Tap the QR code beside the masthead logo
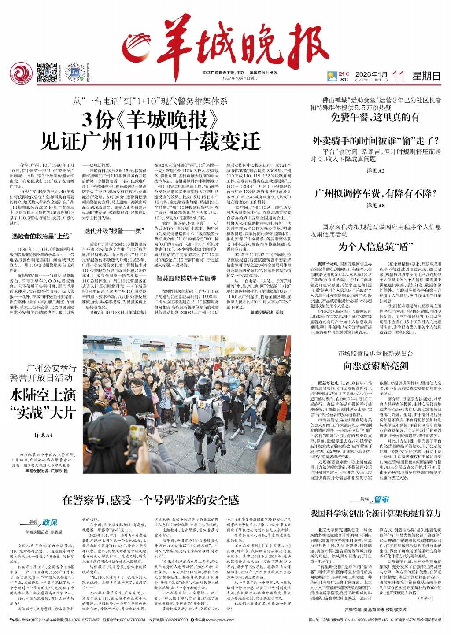[x=47, y=72]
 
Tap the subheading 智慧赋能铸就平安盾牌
[x=187, y=278]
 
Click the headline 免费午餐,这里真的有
[x=376, y=117]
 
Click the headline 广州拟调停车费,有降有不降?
[x=376, y=193]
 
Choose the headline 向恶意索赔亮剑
[x=376, y=365]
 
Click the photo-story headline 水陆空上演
[x=43, y=395]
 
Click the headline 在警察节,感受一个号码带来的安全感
[x=150, y=499]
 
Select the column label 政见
[x=50, y=522]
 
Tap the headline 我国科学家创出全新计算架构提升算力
[x=376, y=513]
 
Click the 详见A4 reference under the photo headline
[x=44, y=436]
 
